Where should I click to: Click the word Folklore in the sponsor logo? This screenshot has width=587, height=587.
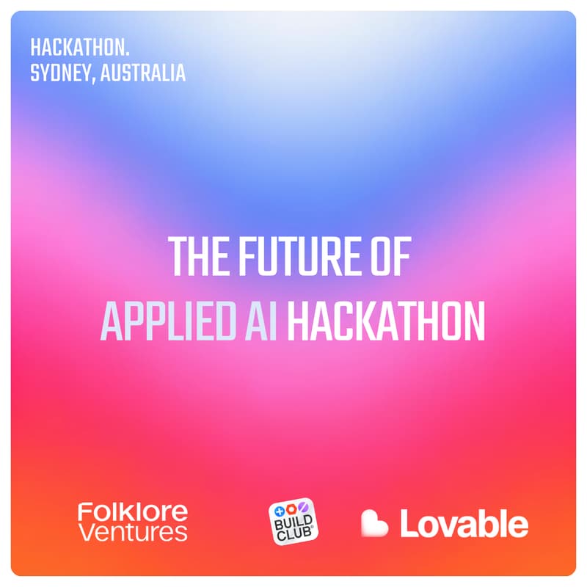pyautogui.click(x=132, y=511)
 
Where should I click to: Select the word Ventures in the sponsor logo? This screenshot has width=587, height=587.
pyautogui.click(x=132, y=532)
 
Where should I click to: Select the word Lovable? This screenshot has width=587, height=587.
pyautogui.click(x=464, y=523)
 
